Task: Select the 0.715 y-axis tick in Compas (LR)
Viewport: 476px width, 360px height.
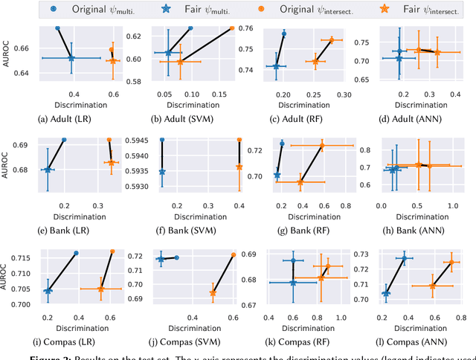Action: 19,257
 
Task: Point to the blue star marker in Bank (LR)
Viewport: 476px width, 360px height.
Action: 48,170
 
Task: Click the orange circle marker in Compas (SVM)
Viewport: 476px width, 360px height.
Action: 233,254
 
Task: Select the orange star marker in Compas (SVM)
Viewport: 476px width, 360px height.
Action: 213,292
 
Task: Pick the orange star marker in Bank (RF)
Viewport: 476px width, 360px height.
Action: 300,181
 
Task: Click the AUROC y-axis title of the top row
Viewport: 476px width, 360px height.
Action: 7,55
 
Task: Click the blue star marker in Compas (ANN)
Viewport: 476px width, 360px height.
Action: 385,293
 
